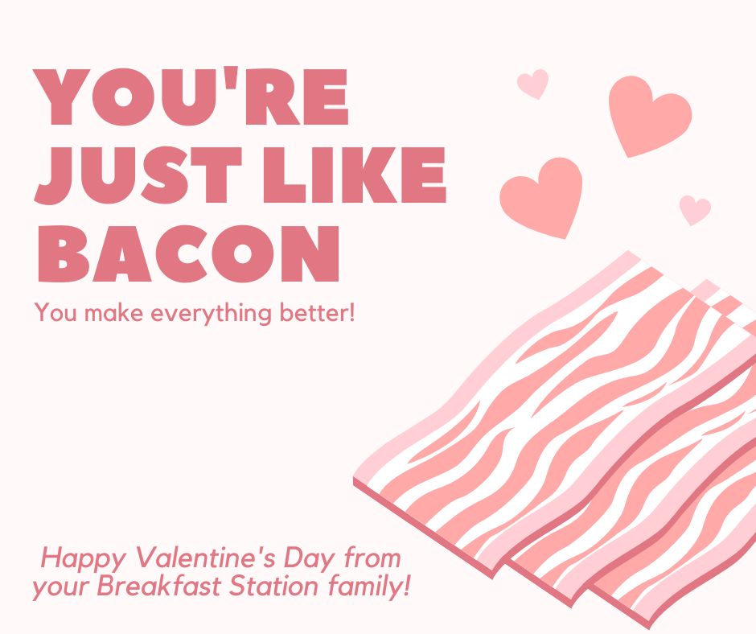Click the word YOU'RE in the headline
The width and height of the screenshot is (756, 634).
191,96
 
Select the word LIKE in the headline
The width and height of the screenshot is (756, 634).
355,175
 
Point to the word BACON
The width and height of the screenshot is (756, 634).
189,253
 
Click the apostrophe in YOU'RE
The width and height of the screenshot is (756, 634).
232,78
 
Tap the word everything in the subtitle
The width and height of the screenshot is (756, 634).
212,314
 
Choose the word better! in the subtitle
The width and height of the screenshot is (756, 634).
317,313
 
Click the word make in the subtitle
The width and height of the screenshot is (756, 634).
113,314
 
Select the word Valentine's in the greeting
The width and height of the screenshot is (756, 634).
206,558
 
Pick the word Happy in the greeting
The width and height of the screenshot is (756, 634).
83,560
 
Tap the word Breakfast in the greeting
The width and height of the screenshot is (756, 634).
159,586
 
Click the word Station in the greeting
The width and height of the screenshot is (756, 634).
273,586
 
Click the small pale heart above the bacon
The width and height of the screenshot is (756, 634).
533,84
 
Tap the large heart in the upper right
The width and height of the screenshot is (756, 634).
648,116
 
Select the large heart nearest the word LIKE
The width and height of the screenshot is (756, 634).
541,197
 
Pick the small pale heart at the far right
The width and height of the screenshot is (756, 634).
694,209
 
